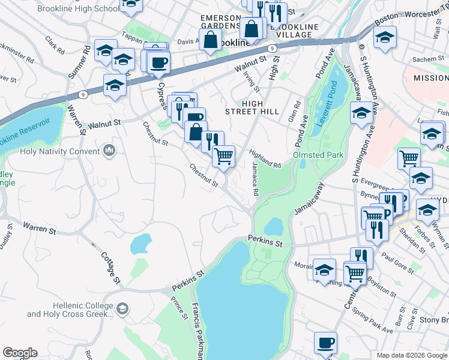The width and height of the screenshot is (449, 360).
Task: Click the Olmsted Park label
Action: click(318, 155)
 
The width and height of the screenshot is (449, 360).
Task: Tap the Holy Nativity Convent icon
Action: click(109, 149)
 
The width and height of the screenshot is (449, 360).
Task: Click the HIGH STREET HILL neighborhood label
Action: click(252, 107)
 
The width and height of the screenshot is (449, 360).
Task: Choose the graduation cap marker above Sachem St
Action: click(385, 37)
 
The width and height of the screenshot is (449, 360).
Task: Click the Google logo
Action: click(20, 353)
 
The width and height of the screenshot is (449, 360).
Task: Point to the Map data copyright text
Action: click(411, 355)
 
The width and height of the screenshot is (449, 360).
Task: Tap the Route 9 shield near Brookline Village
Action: click(272, 47)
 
